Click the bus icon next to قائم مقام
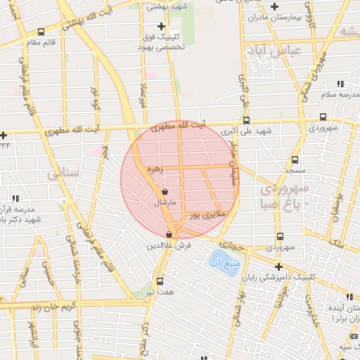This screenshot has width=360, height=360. tap(41, 32)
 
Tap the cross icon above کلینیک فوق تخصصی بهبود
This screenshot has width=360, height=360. tap(162, 26)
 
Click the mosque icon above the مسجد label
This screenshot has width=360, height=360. tap(295, 160)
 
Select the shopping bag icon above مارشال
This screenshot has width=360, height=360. tap(165, 191)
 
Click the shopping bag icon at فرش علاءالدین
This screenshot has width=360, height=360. tap(169, 235)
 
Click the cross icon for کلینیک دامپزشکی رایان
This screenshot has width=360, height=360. tap(279, 266)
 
